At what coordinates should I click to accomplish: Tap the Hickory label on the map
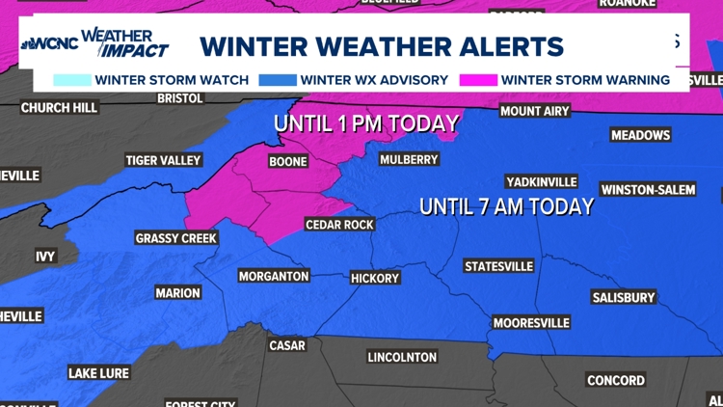[375, 278]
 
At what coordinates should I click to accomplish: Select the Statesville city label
[498, 265]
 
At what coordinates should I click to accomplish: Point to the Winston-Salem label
[647, 189]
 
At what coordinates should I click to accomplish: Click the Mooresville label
[531, 322]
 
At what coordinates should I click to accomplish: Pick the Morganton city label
[274, 276]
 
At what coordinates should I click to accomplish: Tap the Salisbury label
[624, 297]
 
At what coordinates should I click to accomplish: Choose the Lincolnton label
[402, 357]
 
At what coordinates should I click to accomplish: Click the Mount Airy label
[534, 111]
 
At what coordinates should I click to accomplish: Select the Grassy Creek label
[176, 237]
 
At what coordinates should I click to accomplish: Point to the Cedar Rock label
[338, 225]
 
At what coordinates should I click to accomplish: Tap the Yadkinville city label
[541, 181]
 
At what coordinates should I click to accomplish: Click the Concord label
[616, 380]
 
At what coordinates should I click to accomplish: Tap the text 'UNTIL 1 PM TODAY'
[364, 123]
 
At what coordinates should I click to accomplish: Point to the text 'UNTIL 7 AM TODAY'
[506, 206]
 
